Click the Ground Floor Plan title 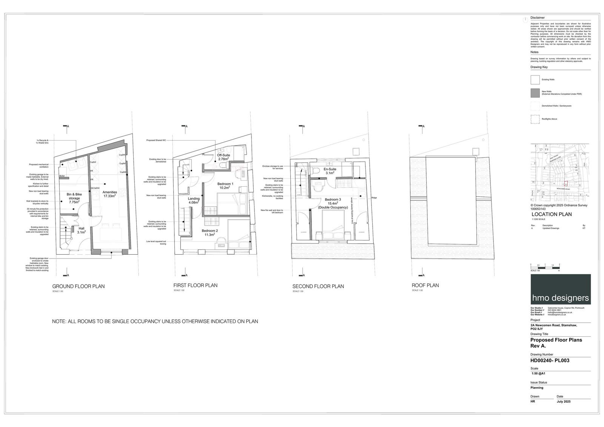(x=78, y=286)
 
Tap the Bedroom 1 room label (x=225, y=186)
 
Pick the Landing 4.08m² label (x=194, y=201)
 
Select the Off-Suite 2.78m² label (x=223, y=157)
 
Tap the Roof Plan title (x=425, y=285)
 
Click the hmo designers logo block (x=560, y=289)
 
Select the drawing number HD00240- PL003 (x=550, y=360)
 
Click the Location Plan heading (x=551, y=214)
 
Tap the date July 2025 (x=564, y=401)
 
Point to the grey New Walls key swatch (x=535, y=93)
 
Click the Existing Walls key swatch (x=535, y=80)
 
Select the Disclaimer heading (x=537, y=18)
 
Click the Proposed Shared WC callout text (x=156, y=141)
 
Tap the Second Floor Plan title (x=318, y=286)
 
